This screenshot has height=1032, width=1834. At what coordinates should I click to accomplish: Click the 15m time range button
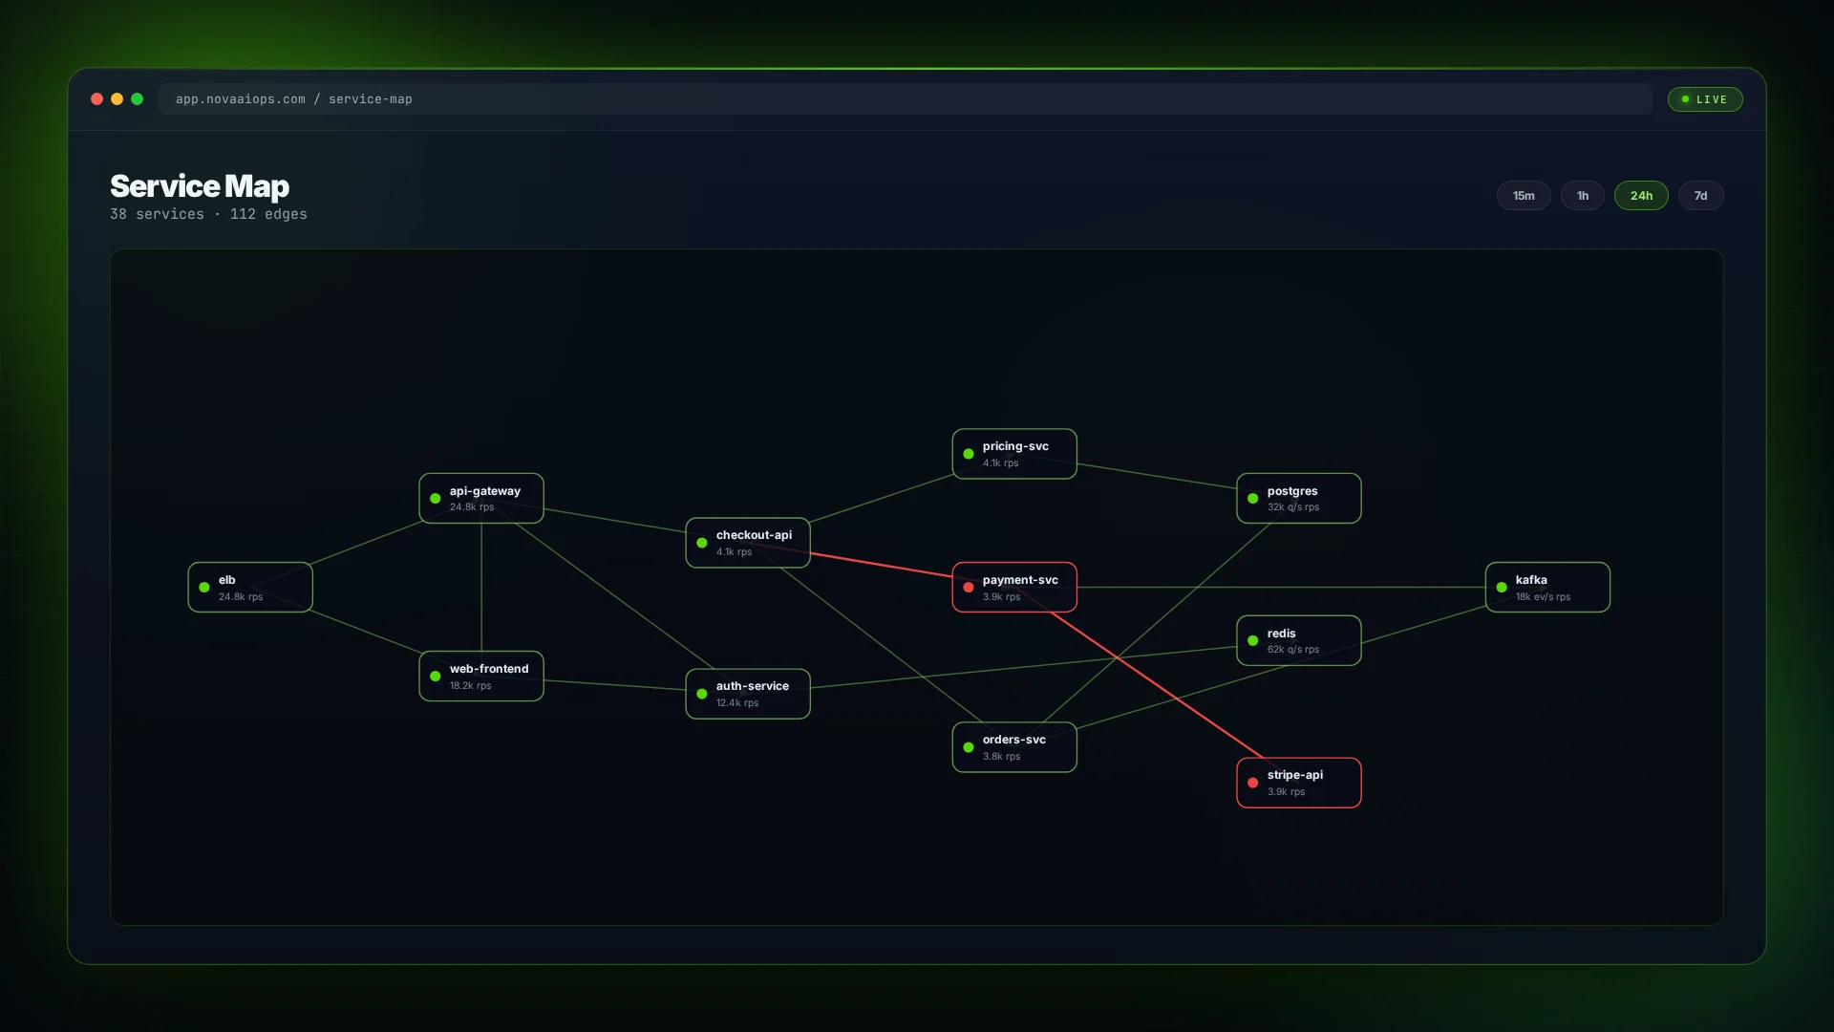(x=1523, y=196)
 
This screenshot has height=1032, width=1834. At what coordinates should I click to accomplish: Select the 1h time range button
(x=1582, y=196)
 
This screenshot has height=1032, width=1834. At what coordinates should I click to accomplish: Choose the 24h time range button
(x=1640, y=196)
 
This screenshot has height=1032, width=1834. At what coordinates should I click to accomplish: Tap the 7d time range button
(x=1700, y=196)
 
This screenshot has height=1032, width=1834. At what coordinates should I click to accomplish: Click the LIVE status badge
(x=1704, y=99)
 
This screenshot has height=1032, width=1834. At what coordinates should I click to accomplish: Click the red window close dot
(x=96, y=99)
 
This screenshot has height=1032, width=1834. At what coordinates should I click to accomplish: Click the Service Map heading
(x=199, y=186)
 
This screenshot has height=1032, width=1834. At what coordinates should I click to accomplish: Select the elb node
(x=250, y=588)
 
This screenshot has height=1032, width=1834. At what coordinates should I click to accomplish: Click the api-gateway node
(x=481, y=499)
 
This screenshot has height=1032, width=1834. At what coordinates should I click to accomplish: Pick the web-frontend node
(x=481, y=677)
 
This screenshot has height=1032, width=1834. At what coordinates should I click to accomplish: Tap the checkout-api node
(x=748, y=543)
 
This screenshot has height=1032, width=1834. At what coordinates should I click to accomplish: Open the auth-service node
(x=748, y=694)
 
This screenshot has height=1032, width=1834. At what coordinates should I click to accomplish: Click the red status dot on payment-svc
(x=969, y=588)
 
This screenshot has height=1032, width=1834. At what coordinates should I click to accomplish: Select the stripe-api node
(x=1298, y=783)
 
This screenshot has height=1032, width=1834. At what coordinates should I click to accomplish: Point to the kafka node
(x=1546, y=588)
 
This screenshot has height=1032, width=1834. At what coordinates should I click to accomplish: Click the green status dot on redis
(x=1252, y=641)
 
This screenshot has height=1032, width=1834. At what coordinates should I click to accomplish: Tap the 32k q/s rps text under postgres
(x=1292, y=507)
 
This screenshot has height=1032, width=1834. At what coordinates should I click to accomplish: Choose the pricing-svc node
(x=1013, y=454)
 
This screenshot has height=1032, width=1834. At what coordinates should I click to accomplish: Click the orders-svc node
(x=1013, y=747)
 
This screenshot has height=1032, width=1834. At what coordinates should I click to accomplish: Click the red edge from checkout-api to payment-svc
(x=881, y=565)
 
